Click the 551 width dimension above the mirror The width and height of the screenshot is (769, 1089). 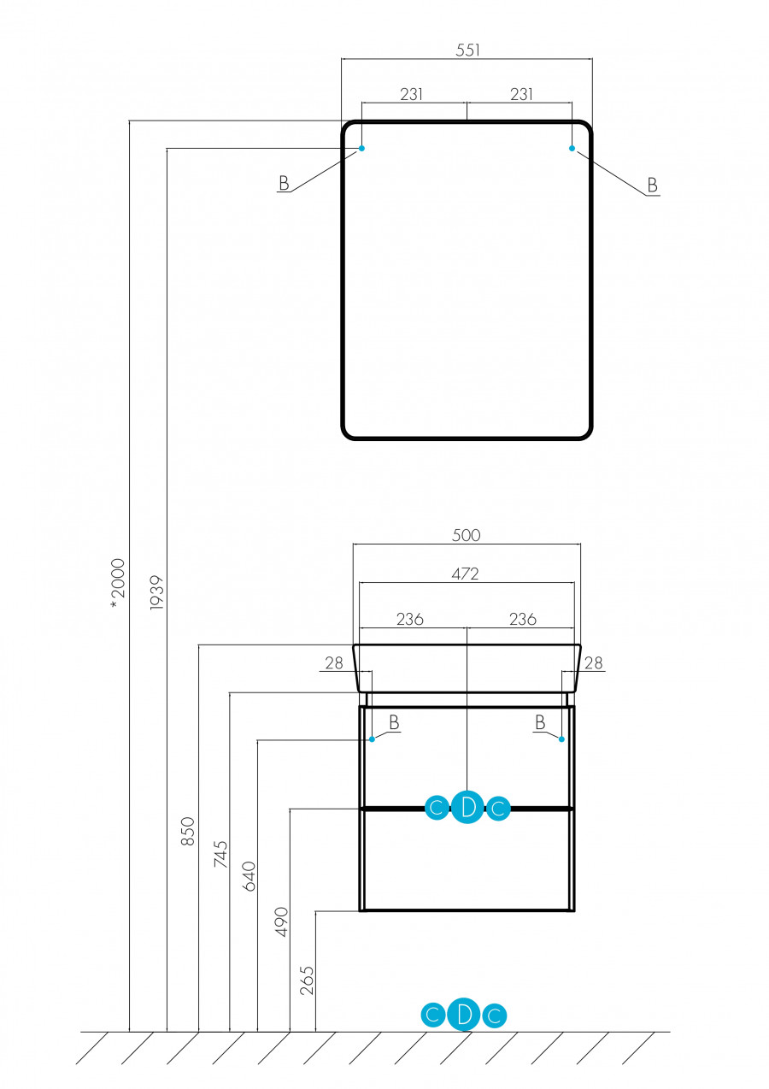coord(467,50)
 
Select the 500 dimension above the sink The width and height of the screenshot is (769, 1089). coord(467,535)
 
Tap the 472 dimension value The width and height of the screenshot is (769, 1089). coord(467,574)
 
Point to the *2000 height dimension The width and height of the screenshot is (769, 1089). coord(118,584)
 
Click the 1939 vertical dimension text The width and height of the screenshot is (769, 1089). coord(156,591)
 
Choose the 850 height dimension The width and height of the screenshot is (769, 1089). coord(188,831)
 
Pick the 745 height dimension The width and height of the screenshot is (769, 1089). coord(220,855)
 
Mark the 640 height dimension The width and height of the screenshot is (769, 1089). coord(249,877)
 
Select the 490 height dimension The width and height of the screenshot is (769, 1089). coord(281,921)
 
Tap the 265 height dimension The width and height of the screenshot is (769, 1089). coord(308,980)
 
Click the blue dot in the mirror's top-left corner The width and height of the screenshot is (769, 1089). coord(361,149)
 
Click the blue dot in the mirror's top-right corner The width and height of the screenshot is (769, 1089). coord(572,149)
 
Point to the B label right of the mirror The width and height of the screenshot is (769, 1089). coord(652,185)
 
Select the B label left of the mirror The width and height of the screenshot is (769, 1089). coord(284,183)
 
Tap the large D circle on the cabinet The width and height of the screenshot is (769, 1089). coord(467,807)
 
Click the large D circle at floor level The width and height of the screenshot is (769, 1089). coord(464,1015)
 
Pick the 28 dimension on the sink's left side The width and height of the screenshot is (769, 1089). coord(333,662)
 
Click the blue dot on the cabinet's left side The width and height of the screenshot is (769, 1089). coord(372,739)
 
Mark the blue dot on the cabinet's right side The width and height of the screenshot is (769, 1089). coord(561,739)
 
